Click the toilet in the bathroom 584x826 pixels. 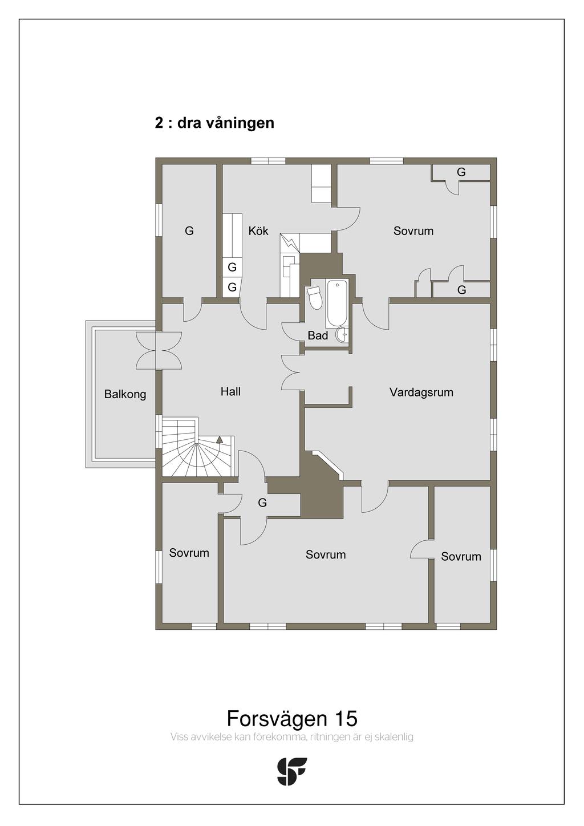tap(314, 298)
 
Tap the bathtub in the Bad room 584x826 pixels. tap(337, 304)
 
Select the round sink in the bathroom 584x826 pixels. tap(342, 335)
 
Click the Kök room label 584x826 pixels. tap(258, 231)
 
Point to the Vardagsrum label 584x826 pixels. tap(421, 392)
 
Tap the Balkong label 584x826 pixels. tap(125, 394)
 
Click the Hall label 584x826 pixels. tap(230, 391)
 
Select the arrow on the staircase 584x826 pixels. tap(219, 439)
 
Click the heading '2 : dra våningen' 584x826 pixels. tap(214, 123)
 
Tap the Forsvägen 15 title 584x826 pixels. tap(292, 718)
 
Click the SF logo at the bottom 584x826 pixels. tap(292, 771)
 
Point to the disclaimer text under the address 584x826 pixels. tap(291, 737)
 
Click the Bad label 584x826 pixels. tap(318, 335)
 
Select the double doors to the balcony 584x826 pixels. tap(159, 350)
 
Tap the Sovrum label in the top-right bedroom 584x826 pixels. tap(413, 231)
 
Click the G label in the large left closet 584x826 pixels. tap(189, 231)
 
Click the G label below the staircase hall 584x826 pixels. tap(262, 503)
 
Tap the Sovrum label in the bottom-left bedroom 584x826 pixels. tap(189, 553)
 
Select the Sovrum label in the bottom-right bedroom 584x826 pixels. tap(461, 556)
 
